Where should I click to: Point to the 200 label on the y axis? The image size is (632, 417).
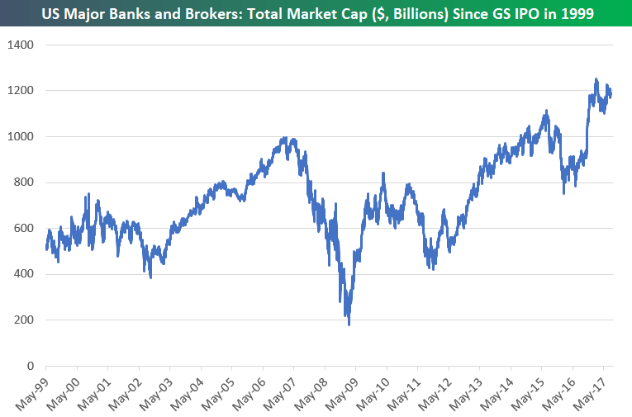tap(25, 320)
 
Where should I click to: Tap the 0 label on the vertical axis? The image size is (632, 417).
tap(31, 365)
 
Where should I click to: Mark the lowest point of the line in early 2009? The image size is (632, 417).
tap(349, 324)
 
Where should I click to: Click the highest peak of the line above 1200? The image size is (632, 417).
tap(596, 79)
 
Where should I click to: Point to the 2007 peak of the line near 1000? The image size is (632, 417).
tap(285, 139)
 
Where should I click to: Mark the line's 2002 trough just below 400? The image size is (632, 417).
tap(150, 277)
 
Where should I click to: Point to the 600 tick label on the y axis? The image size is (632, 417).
tap(25, 228)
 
